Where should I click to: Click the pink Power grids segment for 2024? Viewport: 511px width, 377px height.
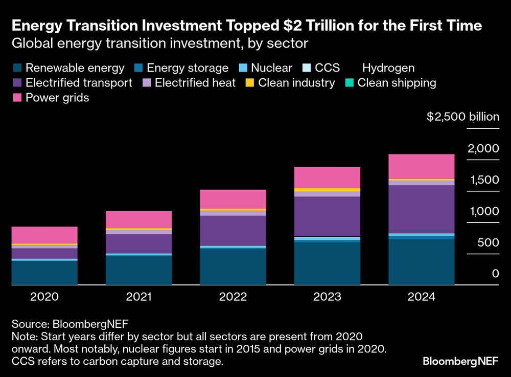coord(421,166)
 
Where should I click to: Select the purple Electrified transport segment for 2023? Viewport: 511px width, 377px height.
coord(327,216)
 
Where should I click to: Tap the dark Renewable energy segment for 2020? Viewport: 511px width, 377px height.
coord(44,272)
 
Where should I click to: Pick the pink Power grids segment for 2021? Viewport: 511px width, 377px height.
coord(138,219)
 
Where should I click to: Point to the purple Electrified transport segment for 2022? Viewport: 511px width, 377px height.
coord(233,231)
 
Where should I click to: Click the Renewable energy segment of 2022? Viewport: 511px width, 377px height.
coord(233,266)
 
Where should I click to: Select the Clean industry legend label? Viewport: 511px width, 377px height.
coord(296,83)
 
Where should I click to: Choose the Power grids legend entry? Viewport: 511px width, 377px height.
coord(51,98)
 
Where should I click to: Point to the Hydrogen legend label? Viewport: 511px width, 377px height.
coord(388,68)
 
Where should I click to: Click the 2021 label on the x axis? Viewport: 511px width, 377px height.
coord(138,297)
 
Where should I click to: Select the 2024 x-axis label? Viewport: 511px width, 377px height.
coord(421,297)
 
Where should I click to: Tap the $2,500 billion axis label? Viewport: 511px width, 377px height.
coord(462,117)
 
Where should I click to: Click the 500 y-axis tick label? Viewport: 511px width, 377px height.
coord(488,242)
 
